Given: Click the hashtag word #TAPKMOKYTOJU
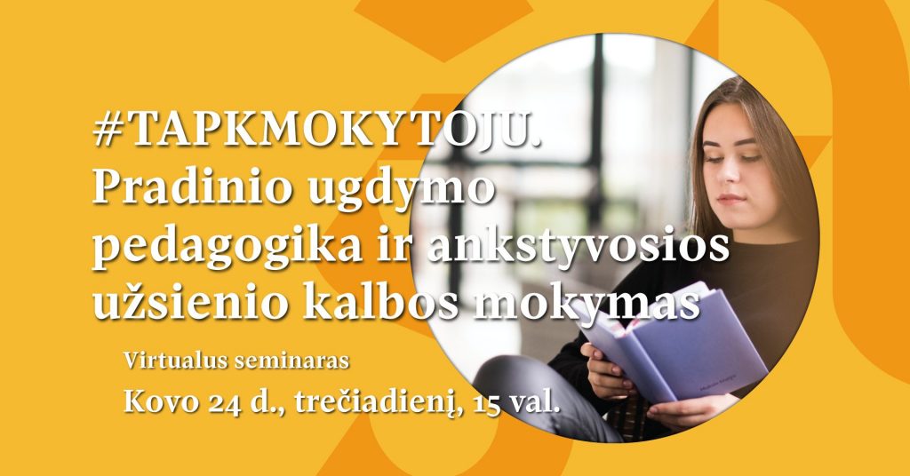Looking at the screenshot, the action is [x=317, y=130].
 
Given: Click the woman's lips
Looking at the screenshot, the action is [x=730, y=199].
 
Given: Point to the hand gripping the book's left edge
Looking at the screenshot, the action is [x=606, y=371].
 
